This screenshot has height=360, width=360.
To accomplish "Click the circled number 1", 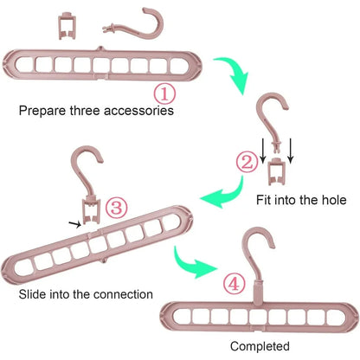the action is click(x=164, y=94).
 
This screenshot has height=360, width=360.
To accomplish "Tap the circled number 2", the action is click(x=247, y=163).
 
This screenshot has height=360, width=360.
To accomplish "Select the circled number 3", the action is click(x=116, y=208).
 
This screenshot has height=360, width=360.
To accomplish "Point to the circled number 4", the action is click(x=234, y=285).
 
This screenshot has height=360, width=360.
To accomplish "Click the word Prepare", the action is click(x=42, y=111).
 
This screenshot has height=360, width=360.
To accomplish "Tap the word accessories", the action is click(x=138, y=111).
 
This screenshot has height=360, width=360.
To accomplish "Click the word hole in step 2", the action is click(x=333, y=200).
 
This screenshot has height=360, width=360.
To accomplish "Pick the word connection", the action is click(x=123, y=294).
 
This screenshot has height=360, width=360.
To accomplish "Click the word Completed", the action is click(x=260, y=346).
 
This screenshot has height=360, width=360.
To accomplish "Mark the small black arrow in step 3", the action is click(x=75, y=224).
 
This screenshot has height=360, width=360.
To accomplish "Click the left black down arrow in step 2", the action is click(x=262, y=151).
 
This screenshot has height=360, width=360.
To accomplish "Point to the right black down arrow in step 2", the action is click(x=291, y=151).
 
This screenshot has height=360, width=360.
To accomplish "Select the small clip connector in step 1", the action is click(x=67, y=25).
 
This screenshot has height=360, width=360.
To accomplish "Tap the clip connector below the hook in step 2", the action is click(x=277, y=171).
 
